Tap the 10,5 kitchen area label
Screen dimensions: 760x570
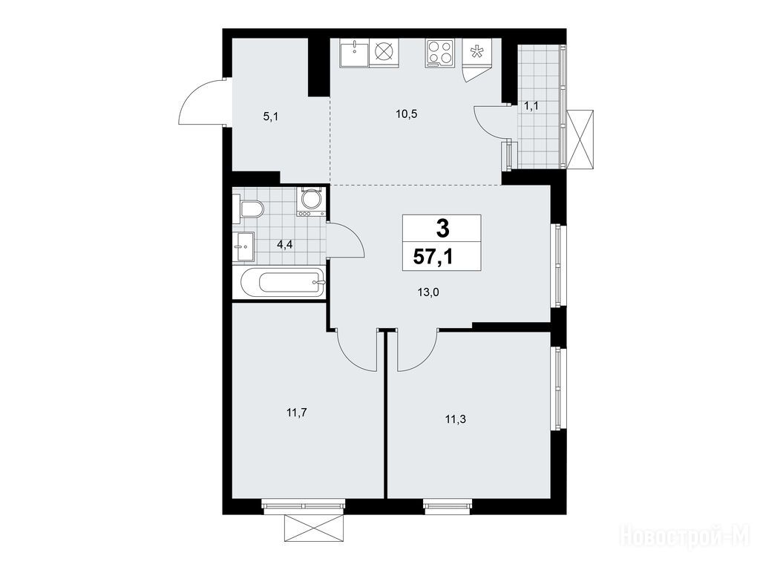406,114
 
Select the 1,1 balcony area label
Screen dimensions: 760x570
531,105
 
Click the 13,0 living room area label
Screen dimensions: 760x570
428,292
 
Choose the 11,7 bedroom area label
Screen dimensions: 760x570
298,413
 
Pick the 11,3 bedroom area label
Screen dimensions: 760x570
455,419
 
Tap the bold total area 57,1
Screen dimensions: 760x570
433,256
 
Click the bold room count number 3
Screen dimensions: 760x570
442,229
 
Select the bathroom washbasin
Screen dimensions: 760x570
243,246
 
